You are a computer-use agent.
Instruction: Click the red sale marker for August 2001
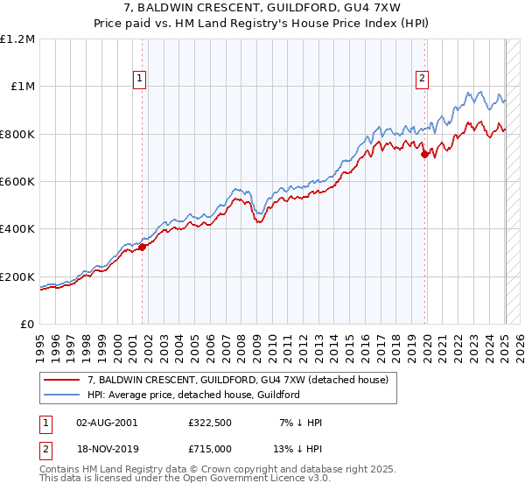(x=142, y=247)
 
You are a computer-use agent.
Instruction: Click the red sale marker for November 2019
(x=425, y=154)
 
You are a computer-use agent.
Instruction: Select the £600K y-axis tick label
(x=17, y=182)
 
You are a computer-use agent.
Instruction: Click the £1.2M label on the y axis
(x=17, y=39)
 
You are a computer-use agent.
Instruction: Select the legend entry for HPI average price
(x=193, y=395)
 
